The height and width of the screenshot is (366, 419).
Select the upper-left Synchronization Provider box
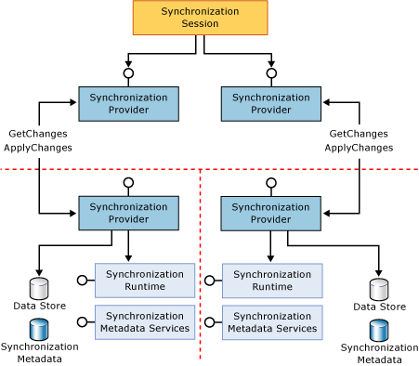(128, 103)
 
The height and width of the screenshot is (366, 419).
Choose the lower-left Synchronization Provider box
(128, 213)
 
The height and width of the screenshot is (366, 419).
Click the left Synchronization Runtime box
(144, 280)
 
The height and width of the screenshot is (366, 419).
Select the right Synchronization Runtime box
(271, 280)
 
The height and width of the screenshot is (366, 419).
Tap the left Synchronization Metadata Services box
(144, 321)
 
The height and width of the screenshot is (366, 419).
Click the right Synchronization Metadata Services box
(271, 321)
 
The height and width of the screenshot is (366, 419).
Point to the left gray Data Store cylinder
(39, 287)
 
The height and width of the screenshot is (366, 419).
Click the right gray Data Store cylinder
(379, 288)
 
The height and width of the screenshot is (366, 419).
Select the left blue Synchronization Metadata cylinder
(39, 329)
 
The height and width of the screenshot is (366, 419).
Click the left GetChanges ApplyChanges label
(37, 140)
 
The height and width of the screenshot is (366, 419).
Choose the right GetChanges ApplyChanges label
(360, 140)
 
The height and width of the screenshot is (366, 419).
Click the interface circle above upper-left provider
(128, 72)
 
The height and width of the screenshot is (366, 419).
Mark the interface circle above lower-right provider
(270, 182)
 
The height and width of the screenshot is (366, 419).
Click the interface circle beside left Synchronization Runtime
(81, 280)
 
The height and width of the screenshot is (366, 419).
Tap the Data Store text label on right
(379, 307)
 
